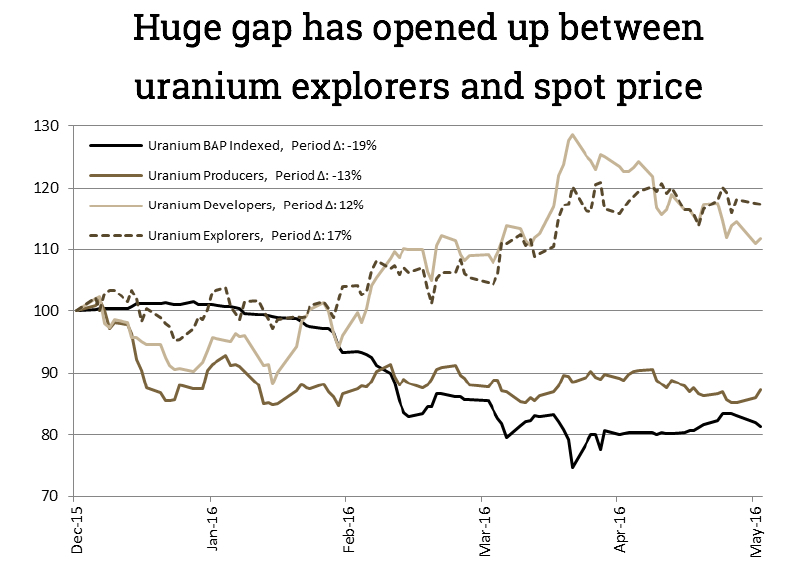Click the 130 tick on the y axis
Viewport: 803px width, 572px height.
[47, 126]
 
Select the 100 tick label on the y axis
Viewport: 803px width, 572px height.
[47, 311]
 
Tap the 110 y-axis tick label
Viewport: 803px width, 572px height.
[47, 249]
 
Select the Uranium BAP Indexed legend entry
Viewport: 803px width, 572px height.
[201, 146]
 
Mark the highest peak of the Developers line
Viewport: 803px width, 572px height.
[572, 135]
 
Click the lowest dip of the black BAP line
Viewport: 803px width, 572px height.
[573, 467]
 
